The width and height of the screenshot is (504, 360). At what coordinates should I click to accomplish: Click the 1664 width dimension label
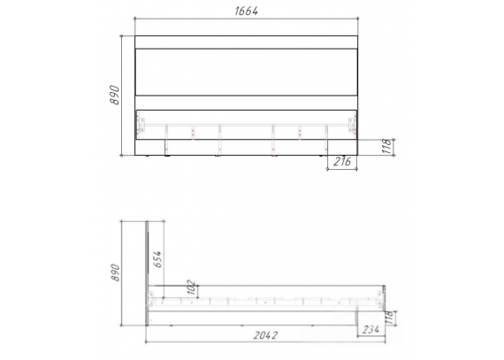[x=246, y=11]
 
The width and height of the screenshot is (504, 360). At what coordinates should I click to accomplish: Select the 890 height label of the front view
[x=114, y=95]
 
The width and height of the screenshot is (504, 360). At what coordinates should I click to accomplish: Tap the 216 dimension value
[x=342, y=161]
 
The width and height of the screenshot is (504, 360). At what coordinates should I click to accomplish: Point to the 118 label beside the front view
[x=387, y=147]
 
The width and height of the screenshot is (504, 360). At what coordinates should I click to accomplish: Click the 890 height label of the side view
[x=115, y=272]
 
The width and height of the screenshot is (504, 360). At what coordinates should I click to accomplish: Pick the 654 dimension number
[x=157, y=259]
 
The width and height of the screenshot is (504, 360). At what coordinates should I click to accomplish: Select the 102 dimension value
[x=191, y=287]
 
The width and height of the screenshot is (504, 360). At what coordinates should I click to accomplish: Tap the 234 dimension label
[x=371, y=329]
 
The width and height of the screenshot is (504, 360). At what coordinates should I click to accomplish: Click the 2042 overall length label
[x=265, y=335]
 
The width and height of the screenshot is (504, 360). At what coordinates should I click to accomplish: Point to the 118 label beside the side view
[x=389, y=318]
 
